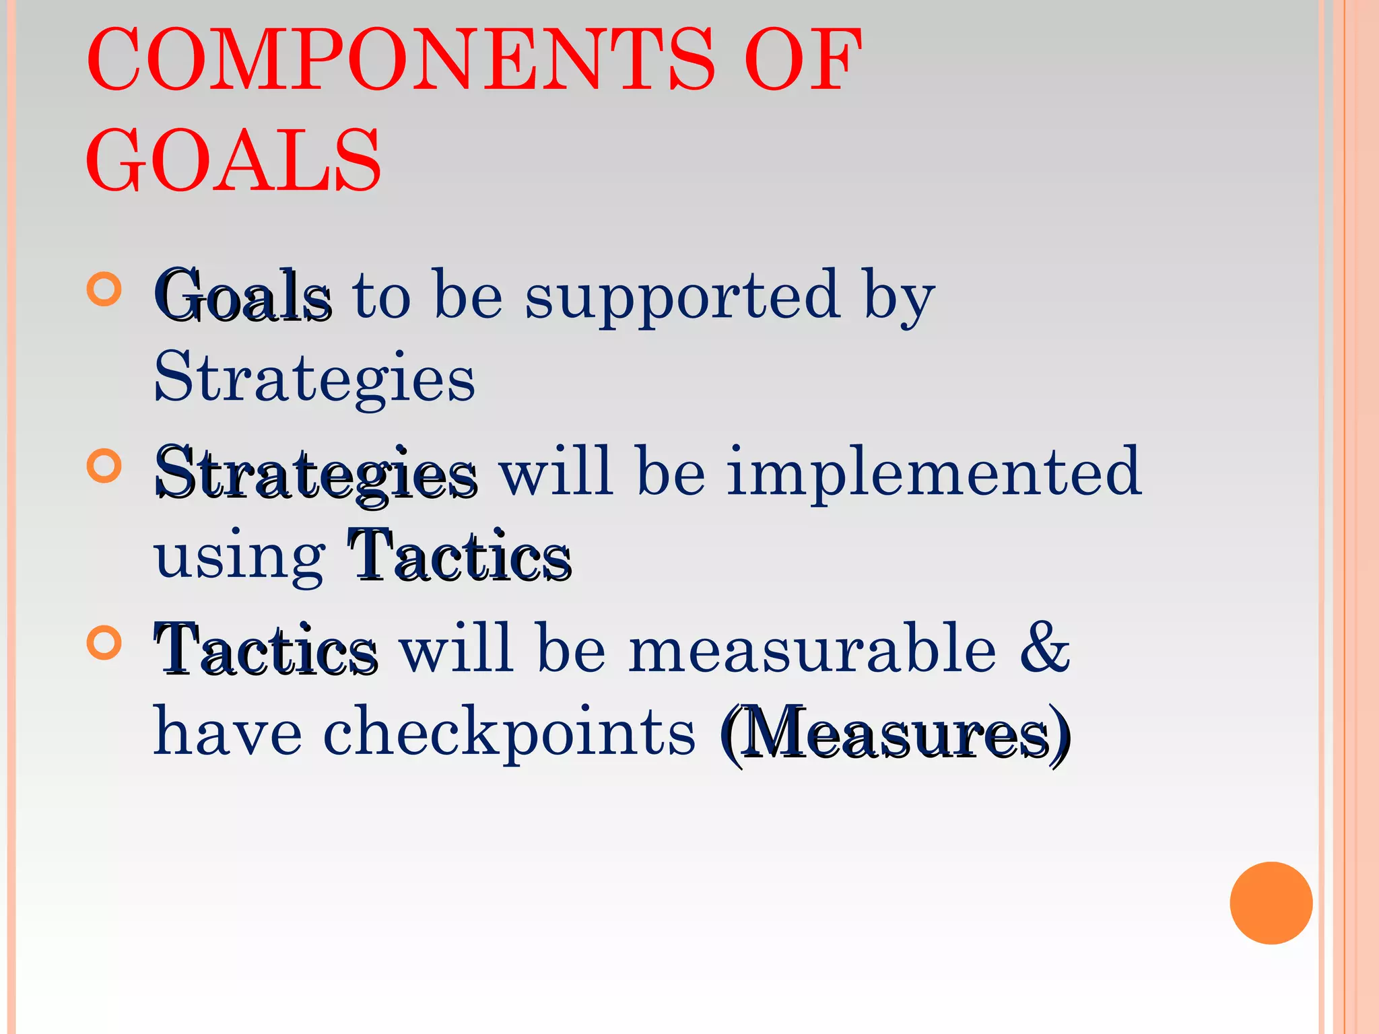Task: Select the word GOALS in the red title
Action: click(233, 162)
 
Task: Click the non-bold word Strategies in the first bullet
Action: click(314, 378)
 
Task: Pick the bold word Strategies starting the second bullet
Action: click(316, 473)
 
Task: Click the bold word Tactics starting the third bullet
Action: click(266, 650)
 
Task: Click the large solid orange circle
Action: click(1271, 903)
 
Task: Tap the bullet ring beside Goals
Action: click(104, 289)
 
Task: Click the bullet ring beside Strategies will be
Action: click(104, 466)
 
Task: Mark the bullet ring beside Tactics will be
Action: click(104, 643)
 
